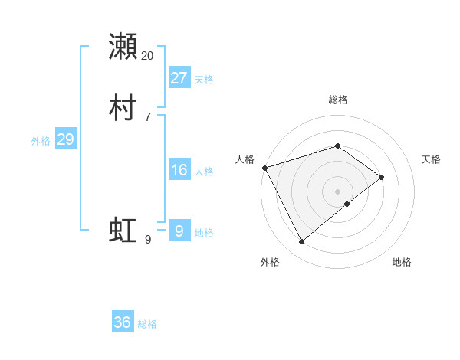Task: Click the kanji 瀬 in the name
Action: pos(123,47)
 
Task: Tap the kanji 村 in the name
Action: pos(123,108)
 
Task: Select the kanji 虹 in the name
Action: pos(123,230)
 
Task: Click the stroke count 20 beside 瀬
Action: pos(148,56)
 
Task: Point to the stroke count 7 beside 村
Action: pos(148,117)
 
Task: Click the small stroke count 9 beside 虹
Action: pos(148,240)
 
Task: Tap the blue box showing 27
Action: pos(179,77)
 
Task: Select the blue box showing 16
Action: pos(179,170)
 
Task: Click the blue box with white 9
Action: pos(179,231)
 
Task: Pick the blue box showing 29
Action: pos(65,139)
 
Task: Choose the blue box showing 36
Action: pos(123,322)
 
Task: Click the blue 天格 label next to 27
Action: pos(204,79)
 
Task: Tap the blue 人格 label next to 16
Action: pos(204,172)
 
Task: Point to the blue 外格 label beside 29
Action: pos(41,140)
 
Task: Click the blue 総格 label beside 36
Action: pos(147,324)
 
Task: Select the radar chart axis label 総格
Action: pos(338,100)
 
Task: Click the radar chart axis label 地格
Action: pos(402,262)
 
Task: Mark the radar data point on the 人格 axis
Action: pos(264,167)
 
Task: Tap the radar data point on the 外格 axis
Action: pos(301,242)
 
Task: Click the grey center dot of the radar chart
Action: pos(338,191)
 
